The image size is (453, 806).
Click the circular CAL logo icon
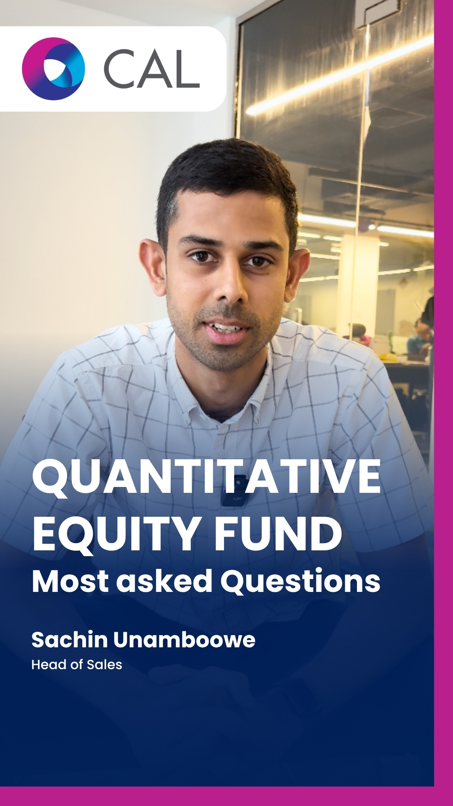point(53,69)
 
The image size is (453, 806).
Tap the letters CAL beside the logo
point(151,69)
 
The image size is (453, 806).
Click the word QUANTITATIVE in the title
point(206,477)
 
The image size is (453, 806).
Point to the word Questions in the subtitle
point(300,582)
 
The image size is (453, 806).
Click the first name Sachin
point(70,640)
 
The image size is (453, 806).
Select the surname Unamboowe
point(184,640)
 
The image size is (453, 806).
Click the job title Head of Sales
point(77,665)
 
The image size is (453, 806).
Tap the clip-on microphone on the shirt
point(235,490)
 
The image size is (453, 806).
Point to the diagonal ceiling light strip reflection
point(340,76)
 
